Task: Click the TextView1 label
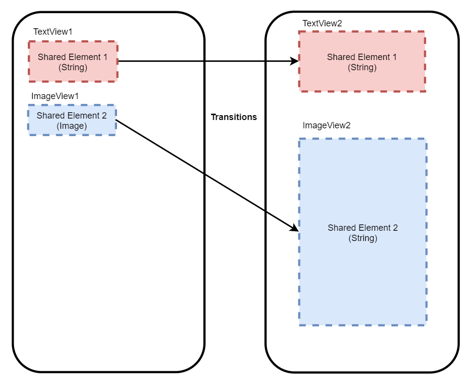pyautogui.click(x=53, y=32)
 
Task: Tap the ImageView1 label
pyautogui.click(x=55, y=96)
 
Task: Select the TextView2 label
pyautogui.click(x=322, y=23)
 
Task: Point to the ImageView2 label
pyautogui.click(x=326, y=125)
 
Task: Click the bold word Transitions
pyautogui.click(x=234, y=117)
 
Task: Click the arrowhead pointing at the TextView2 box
pyautogui.click(x=294, y=61)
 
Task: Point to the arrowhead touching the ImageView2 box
pyautogui.click(x=294, y=228)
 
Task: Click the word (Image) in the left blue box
pyautogui.click(x=72, y=126)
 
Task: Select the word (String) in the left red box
pyautogui.click(x=73, y=68)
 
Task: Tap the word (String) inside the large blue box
pyautogui.click(x=363, y=239)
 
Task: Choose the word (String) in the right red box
pyautogui.click(x=362, y=68)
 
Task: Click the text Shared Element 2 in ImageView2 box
pyautogui.click(x=363, y=228)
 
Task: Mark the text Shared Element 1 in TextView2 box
pyautogui.click(x=362, y=57)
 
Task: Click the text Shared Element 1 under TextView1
pyautogui.click(x=73, y=57)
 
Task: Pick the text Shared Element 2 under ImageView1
pyautogui.click(x=72, y=116)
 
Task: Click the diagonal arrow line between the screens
pyautogui.click(x=205, y=174)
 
